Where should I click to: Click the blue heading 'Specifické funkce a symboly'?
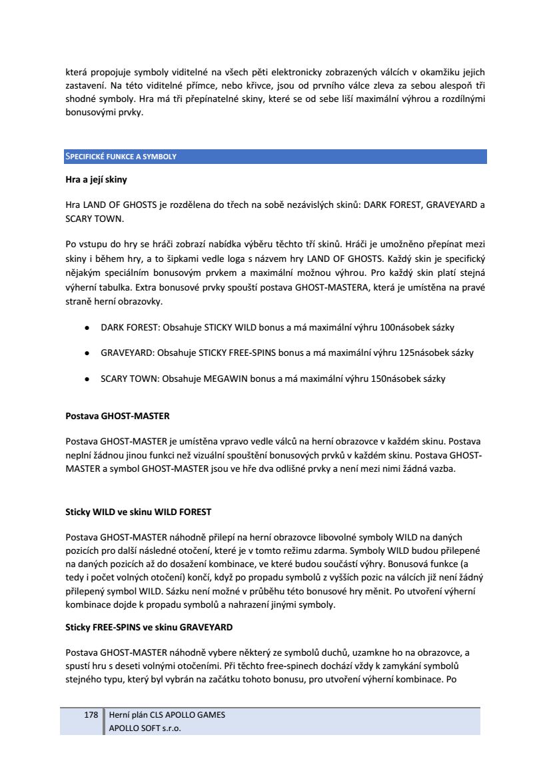coord(121,157)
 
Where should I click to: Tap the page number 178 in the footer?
coord(91,715)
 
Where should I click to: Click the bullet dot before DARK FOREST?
coord(87,328)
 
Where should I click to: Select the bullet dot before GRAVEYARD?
coord(87,353)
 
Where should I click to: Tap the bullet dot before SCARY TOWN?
coord(87,379)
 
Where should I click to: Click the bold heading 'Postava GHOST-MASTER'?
coord(117,416)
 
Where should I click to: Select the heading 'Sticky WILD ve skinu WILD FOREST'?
coord(138,512)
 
